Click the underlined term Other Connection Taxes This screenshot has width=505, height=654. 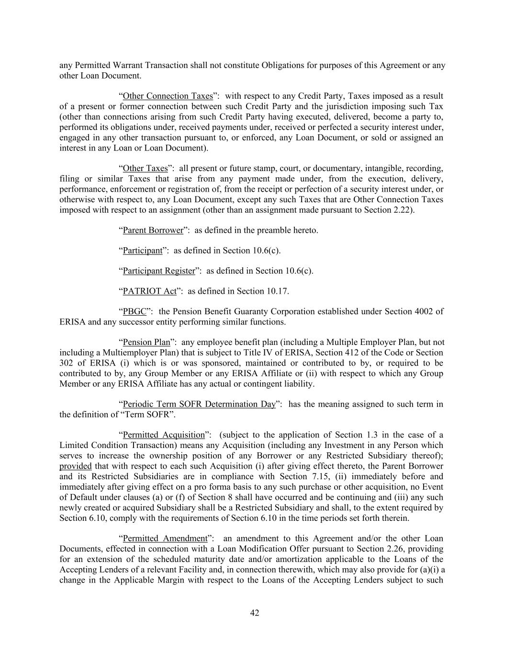tap(168, 96)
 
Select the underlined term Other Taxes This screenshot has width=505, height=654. tap(145, 168)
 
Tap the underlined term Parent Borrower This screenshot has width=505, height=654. tap(153, 230)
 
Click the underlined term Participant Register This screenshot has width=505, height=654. tap(159, 271)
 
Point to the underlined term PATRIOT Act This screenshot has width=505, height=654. tap(149, 291)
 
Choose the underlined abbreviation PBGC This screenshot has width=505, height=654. tap(135, 311)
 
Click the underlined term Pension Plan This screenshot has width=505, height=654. tap(146, 342)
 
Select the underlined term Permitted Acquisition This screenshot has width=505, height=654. tap(164, 435)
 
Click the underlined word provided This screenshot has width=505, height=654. tap(75, 466)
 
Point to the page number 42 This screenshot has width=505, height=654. tap(255, 613)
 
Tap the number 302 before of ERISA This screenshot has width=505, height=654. tap(67, 363)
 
